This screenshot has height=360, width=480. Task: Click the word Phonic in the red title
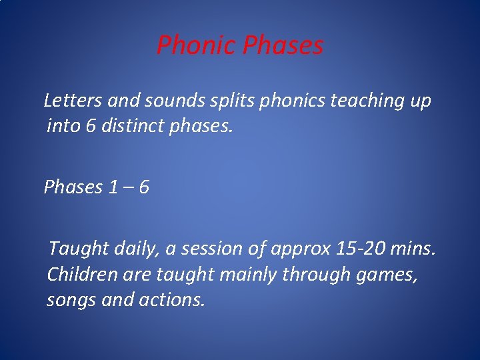click(197, 46)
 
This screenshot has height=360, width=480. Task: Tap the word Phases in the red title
click(283, 46)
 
